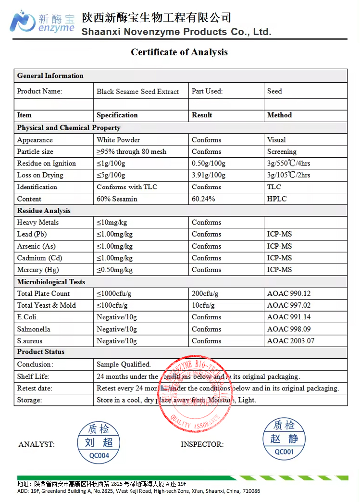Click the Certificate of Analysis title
(179, 52)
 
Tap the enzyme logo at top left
(42, 22)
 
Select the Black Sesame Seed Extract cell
(137, 91)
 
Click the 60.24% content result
(203, 199)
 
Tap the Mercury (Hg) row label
(38, 270)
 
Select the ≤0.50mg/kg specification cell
(114, 270)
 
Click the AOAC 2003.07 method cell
(291, 341)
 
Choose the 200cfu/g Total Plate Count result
(205, 293)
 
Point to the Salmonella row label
(34, 329)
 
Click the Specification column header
(117, 115)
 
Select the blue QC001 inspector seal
(284, 439)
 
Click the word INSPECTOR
(202, 444)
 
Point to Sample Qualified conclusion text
(124, 364)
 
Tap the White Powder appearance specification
(118, 140)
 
